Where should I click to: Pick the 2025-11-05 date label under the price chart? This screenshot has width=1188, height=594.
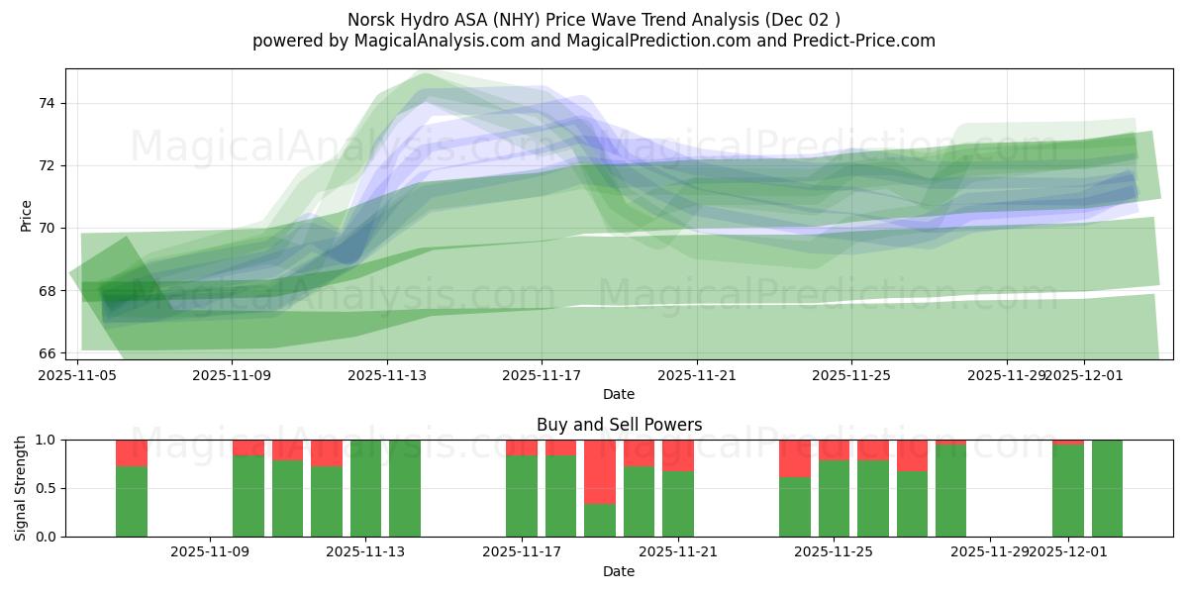click(77, 375)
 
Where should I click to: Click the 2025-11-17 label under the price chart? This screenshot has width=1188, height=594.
click(542, 375)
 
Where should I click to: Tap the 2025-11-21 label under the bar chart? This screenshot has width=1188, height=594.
click(678, 551)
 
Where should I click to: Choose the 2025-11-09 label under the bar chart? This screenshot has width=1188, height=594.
click(210, 551)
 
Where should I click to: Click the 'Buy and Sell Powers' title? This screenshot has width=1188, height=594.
click(619, 425)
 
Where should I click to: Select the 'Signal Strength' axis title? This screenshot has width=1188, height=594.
click(21, 488)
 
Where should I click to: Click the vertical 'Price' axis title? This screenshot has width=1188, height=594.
click(26, 216)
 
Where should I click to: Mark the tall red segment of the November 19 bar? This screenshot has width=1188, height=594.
click(600, 471)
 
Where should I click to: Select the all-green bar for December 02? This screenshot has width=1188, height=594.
click(1107, 488)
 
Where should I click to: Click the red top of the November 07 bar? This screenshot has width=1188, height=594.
click(132, 452)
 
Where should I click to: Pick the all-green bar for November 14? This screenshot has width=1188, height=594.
click(405, 488)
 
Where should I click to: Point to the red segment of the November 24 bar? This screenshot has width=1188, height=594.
click(795, 458)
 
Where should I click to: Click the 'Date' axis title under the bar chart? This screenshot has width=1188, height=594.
click(619, 571)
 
